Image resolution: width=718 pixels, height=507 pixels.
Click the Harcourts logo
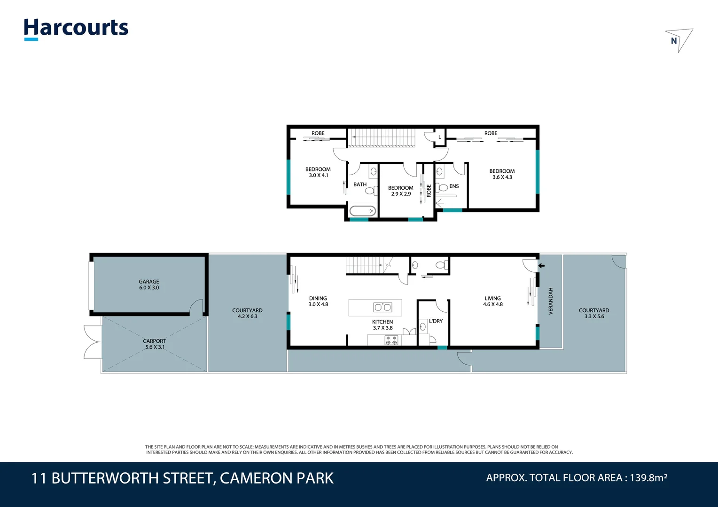tap(76, 29)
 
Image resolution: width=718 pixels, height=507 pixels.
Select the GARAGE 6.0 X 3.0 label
tap(149, 284)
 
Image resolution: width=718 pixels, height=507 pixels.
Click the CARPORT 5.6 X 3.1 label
tap(155, 344)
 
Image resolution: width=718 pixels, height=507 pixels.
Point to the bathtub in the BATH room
tap(362, 211)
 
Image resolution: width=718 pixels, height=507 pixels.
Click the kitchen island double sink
tap(382, 307)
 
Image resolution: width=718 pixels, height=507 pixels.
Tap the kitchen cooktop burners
tap(391, 340)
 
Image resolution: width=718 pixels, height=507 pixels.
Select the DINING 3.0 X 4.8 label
tap(318, 301)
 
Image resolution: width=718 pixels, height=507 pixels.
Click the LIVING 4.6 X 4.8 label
tap(492, 301)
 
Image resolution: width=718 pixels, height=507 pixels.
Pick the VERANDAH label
tap(551, 301)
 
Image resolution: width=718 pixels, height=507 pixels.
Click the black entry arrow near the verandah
tap(541, 266)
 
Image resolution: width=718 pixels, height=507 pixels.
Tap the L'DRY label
tap(436, 321)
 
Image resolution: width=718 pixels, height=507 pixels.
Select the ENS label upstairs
tap(454, 186)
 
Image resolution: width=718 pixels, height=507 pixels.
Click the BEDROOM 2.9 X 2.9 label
tap(401, 191)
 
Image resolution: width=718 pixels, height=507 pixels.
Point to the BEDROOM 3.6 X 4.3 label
tap(502, 174)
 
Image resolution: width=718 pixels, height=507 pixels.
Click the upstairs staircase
tap(382, 138)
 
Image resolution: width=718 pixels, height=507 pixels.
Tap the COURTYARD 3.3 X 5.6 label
tap(594, 313)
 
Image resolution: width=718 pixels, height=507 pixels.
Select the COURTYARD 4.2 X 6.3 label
tap(247, 313)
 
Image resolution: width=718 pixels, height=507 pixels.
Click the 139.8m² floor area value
tap(648, 478)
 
